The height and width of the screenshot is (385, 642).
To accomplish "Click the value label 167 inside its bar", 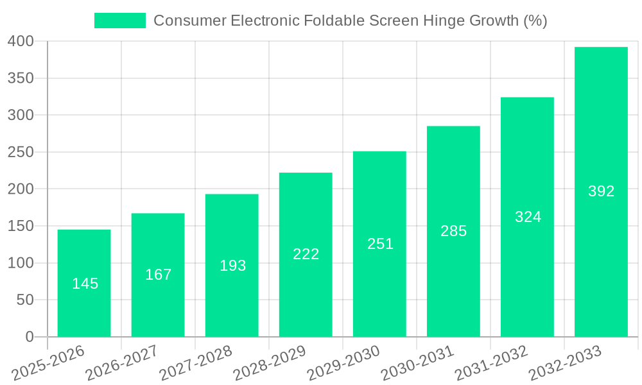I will (158, 275).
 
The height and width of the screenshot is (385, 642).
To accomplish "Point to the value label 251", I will (380, 244).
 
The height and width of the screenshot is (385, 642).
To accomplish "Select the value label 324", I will (528, 217).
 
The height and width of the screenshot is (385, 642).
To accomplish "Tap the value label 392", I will (601, 191).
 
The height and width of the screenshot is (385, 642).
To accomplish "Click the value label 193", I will (232, 266).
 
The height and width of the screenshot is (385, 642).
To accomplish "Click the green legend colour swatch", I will (120, 21).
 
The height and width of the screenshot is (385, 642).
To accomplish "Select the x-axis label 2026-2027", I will (122, 363).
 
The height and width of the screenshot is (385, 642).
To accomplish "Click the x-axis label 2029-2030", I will (343, 363).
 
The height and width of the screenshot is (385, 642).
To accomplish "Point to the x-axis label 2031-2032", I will (491, 363).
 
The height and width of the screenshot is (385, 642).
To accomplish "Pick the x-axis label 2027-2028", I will (196, 363).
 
